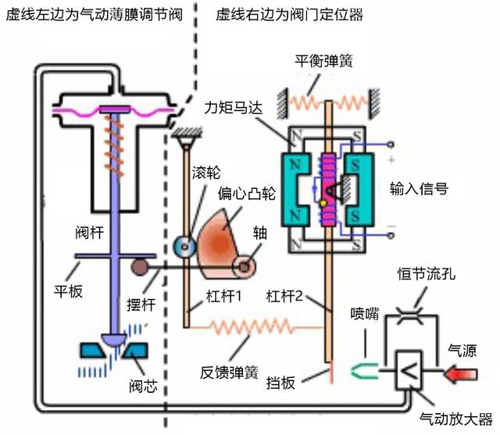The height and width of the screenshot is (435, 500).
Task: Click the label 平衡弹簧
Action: [323, 61]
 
